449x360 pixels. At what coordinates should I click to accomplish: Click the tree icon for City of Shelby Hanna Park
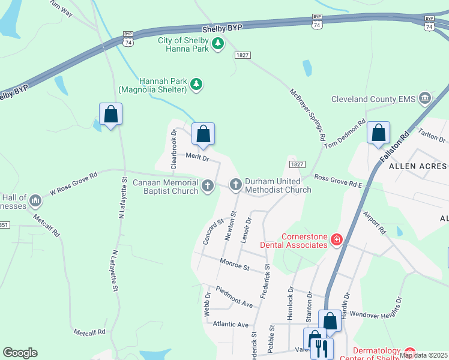218,44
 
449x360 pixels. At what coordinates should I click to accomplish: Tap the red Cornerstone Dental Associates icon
337,240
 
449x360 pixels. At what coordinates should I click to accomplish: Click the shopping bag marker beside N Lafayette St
110,114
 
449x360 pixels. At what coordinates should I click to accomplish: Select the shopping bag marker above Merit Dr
203,134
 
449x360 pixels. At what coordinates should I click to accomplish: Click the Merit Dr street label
196,157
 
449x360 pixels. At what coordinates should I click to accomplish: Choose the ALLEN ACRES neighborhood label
418,165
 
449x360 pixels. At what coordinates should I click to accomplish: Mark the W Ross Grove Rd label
73,184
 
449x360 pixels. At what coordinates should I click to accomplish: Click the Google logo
20,353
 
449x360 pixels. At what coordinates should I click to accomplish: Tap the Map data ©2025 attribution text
423,355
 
